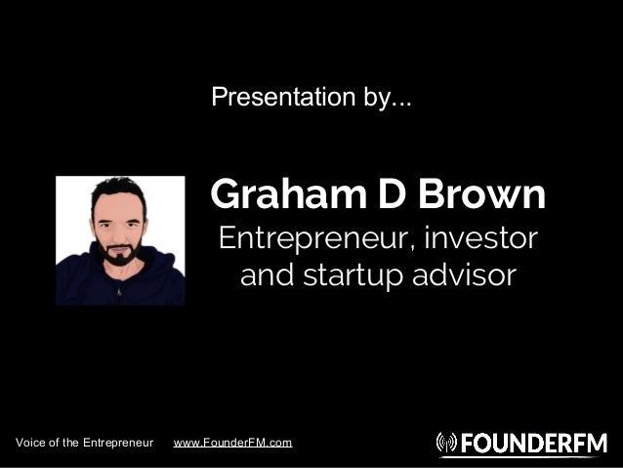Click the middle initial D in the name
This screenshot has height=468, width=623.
click(384, 195)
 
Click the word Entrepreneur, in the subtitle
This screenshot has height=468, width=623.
click(312, 238)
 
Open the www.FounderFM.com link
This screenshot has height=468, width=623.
click(232, 444)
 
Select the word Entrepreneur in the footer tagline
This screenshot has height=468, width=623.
click(118, 444)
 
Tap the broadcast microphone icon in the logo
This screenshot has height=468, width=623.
click(446, 444)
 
